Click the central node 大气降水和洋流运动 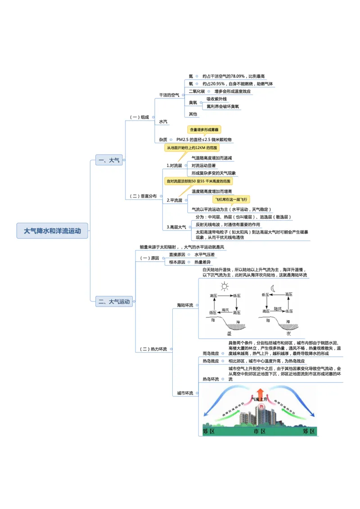click(52, 231)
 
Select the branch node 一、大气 click(108, 160)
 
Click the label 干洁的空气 click(169, 95)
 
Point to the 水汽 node click(163, 122)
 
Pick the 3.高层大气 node click(176, 227)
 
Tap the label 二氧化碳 click(197, 91)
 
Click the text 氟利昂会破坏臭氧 click(223, 107)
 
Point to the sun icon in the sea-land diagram click(225, 286)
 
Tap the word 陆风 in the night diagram click(278, 309)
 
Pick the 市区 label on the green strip click(260, 431)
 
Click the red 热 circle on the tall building click(261, 407)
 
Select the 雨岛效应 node click(211, 353)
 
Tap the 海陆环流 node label click(185, 305)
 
